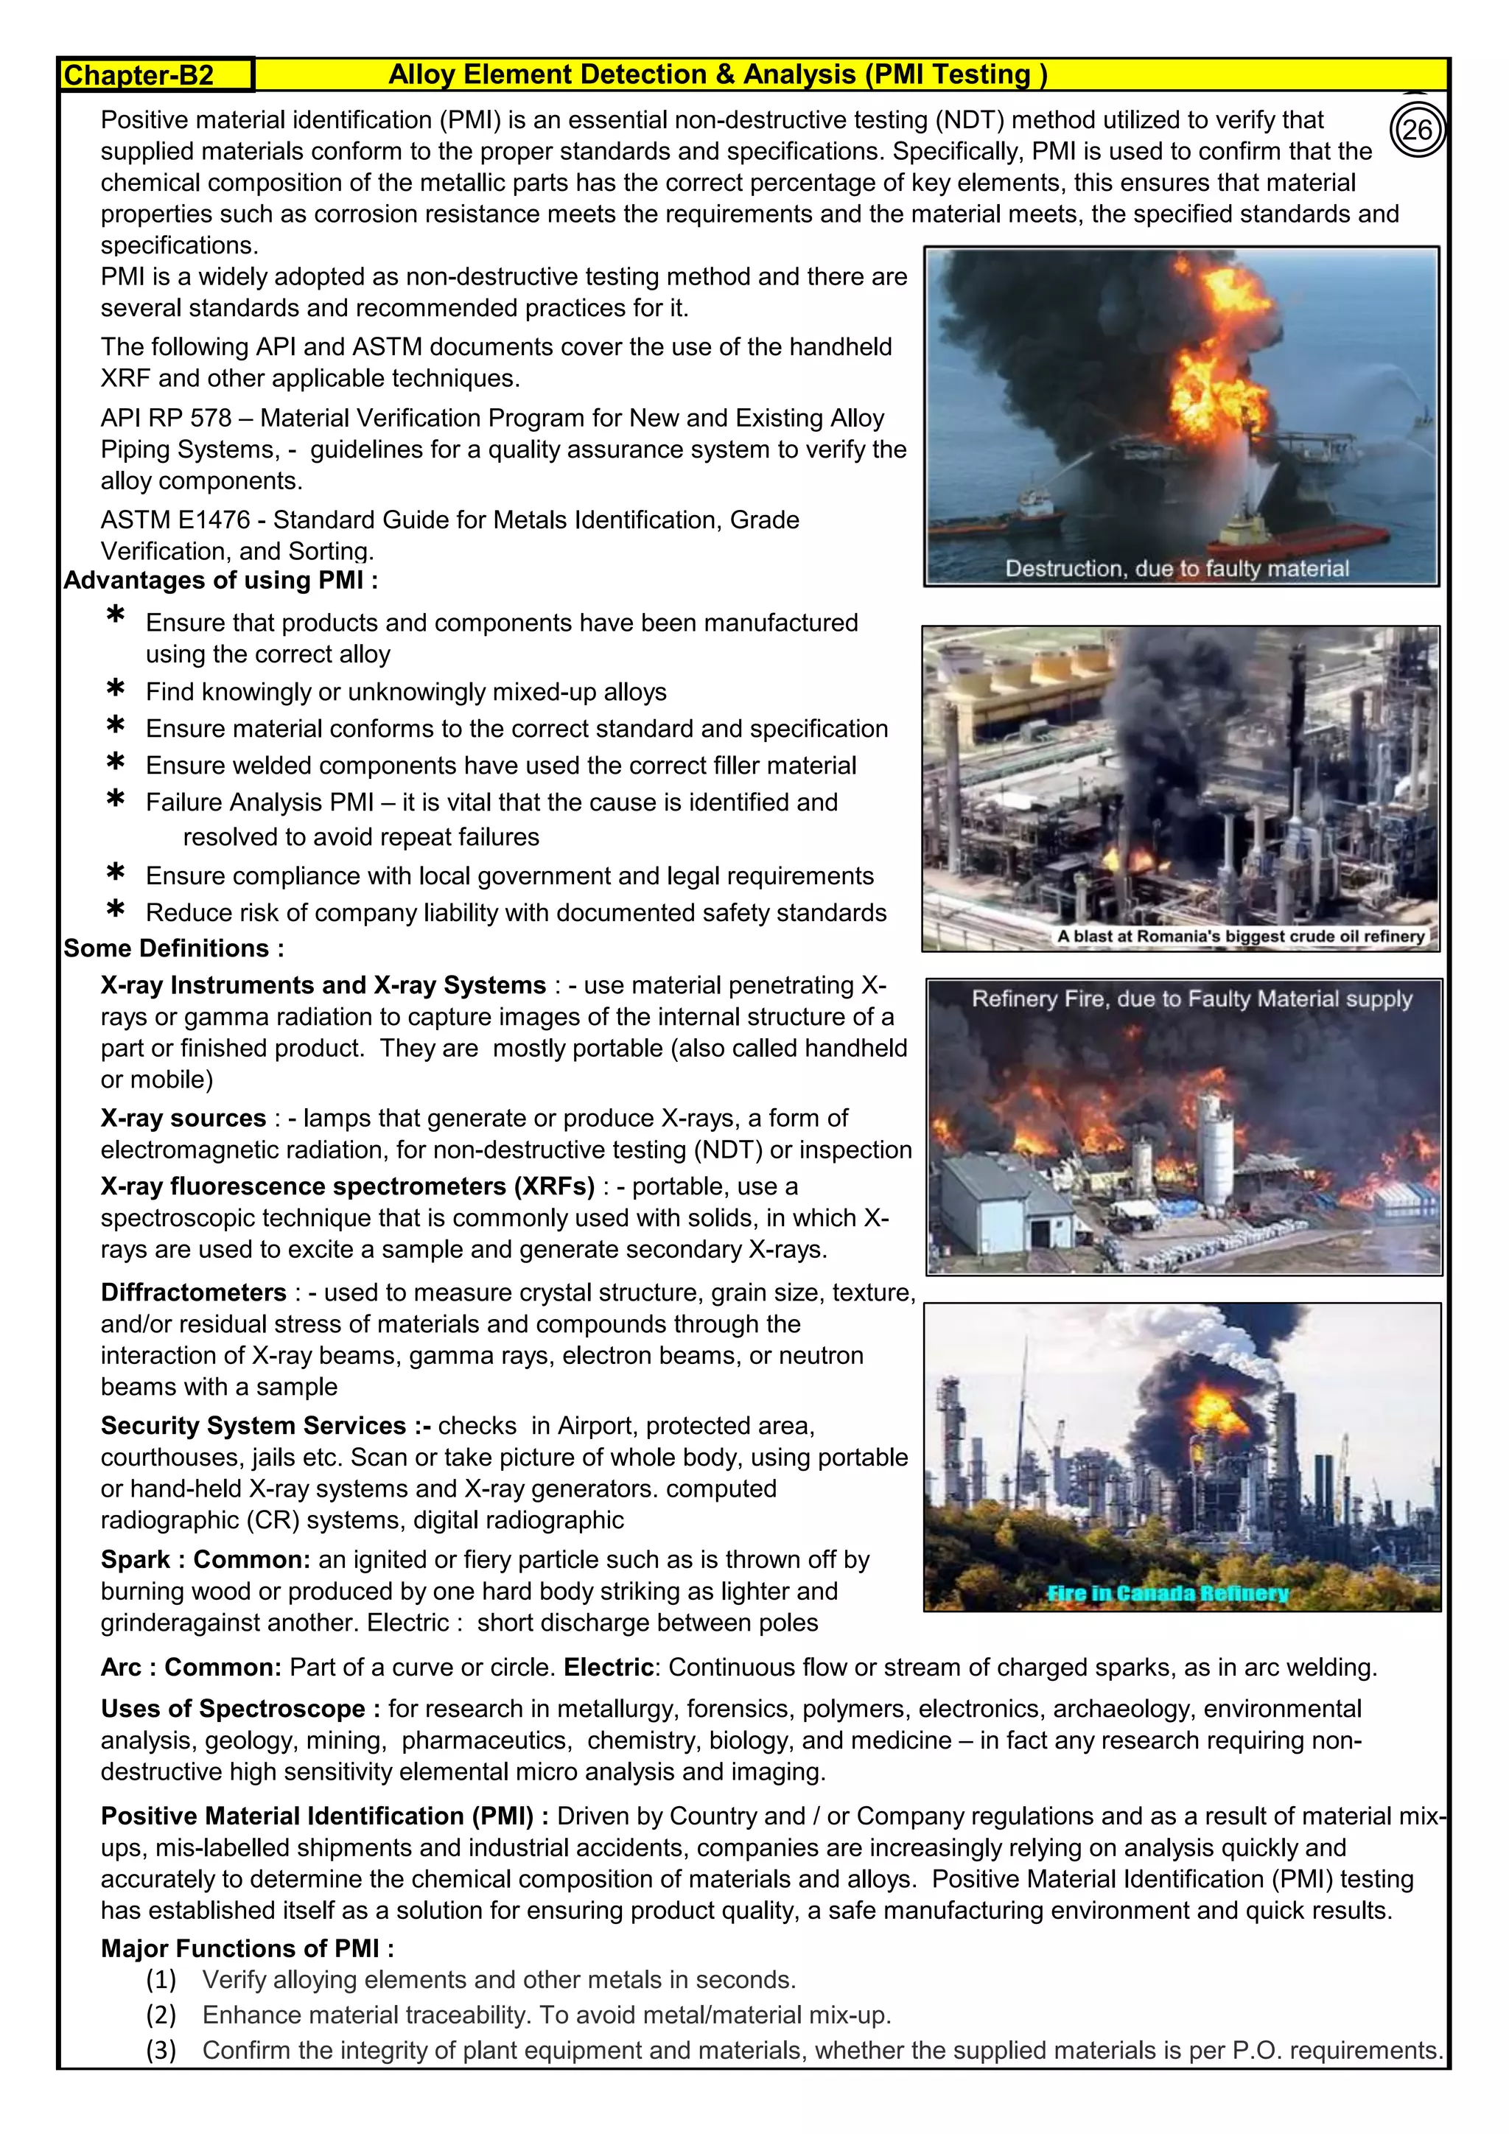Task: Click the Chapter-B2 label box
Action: click(156, 75)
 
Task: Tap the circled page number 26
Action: click(1417, 130)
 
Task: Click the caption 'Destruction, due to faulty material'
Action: click(1177, 569)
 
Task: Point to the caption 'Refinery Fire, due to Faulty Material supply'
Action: click(1191, 999)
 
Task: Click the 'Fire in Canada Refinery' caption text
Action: click(1167, 1593)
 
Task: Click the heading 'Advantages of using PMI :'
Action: click(220, 580)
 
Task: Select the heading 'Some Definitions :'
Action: click(174, 948)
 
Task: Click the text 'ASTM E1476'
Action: click(175, 519)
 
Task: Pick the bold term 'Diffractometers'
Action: click(193, 1293)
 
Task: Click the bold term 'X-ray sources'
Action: click(183, 1118)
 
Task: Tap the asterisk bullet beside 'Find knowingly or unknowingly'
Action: click(115, 690)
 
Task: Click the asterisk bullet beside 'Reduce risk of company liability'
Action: click(115, 910)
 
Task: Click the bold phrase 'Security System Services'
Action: click(253, 1426)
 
